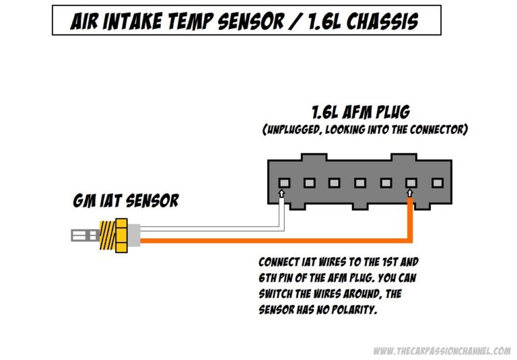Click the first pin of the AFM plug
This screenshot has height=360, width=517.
284,182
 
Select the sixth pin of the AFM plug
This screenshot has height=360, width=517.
411,182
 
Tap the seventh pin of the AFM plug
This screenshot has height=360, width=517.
436,182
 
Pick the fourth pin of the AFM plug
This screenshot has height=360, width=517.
360,182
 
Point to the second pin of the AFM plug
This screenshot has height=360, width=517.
310,182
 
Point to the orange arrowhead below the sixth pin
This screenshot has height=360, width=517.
411,194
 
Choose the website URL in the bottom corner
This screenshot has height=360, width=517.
441,351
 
